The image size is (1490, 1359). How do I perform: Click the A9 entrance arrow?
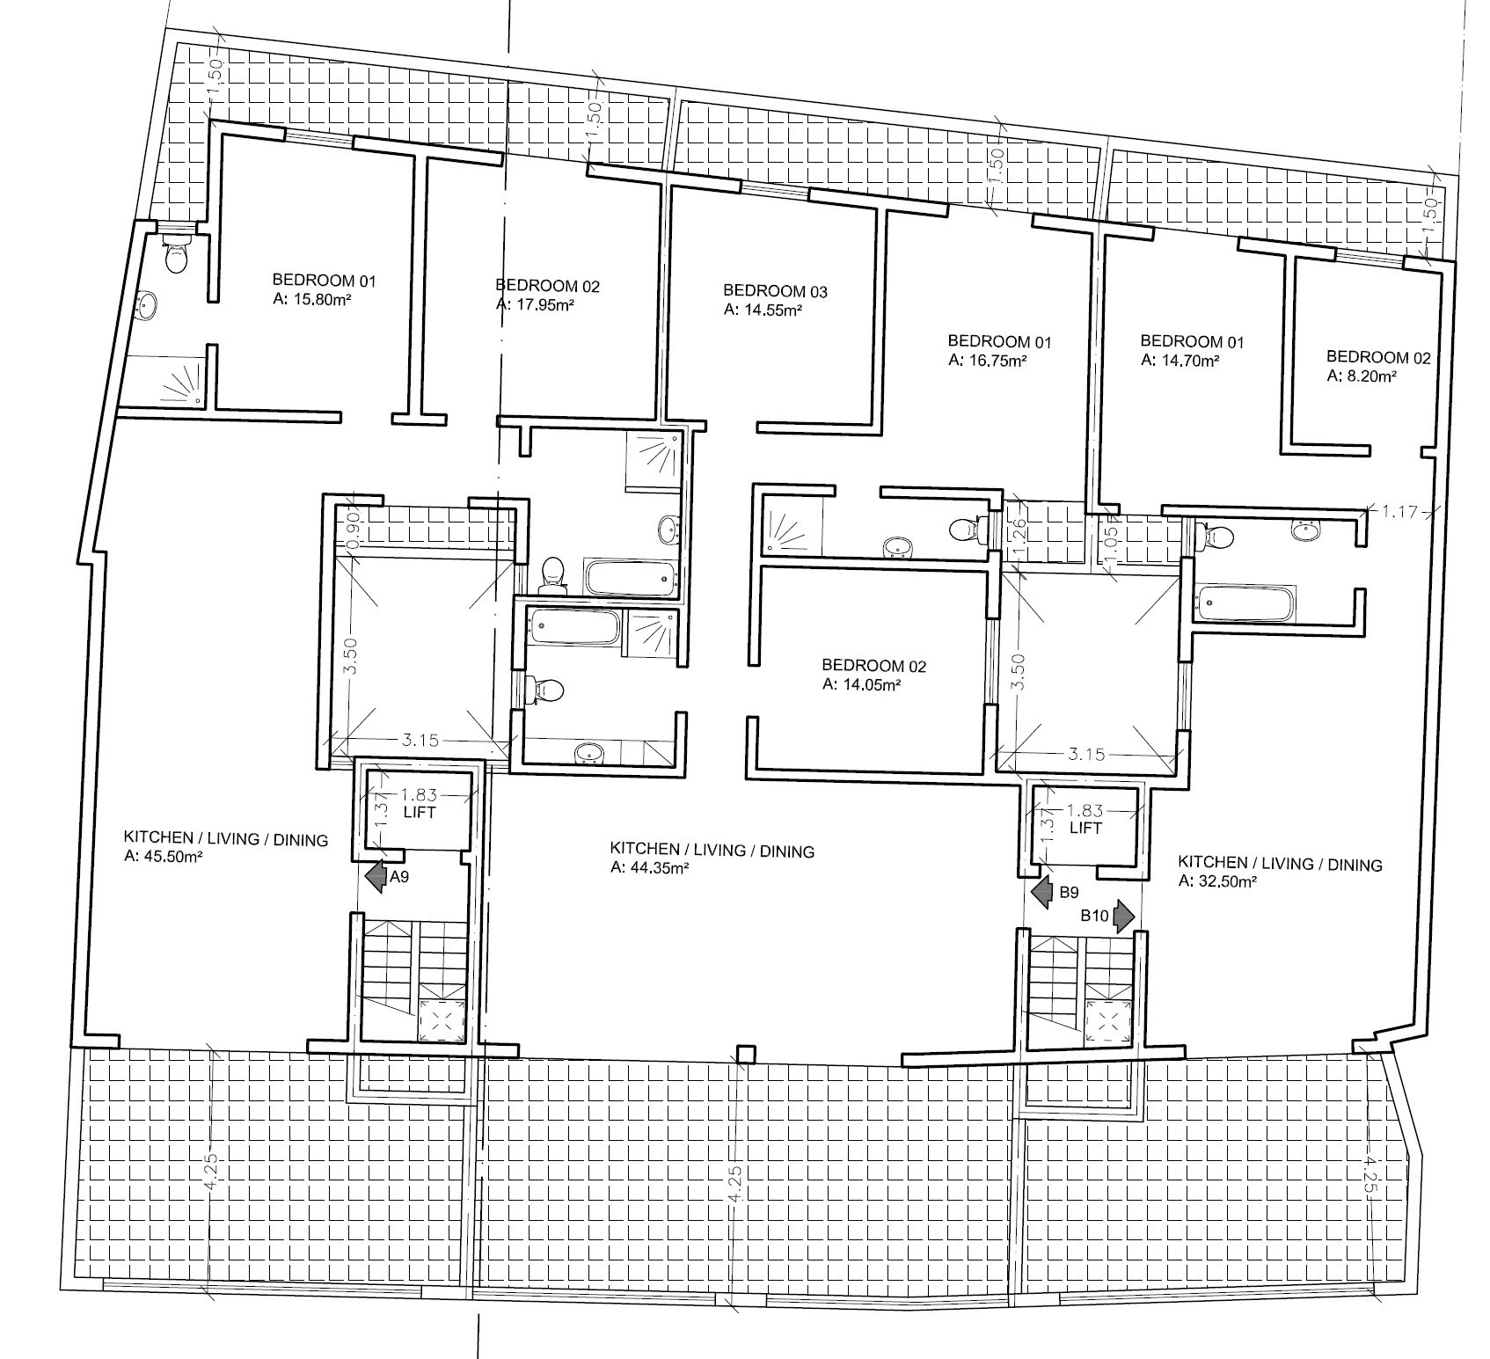[376, 877]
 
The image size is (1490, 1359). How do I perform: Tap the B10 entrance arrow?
[1123, 916]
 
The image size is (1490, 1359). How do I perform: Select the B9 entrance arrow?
[1043, 893]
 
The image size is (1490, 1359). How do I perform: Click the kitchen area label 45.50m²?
[164, 858]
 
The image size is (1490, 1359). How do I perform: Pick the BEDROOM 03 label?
[775, 290]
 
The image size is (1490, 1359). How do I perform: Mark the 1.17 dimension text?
[1401, 510]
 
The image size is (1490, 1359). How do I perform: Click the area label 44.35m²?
[649, 868]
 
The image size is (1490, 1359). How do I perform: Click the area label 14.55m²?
[763, 309]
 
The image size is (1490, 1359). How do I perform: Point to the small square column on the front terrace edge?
[746, 1054]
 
